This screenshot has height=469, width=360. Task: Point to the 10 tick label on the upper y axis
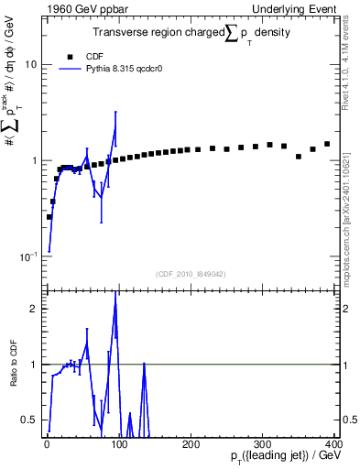(31, 65)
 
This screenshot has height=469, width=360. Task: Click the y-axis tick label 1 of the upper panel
(34, 160)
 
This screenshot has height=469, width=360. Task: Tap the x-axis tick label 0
(47, 444)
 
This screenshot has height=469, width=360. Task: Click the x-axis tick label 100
(118, 444)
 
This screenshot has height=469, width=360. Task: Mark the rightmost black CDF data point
(326, 144)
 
